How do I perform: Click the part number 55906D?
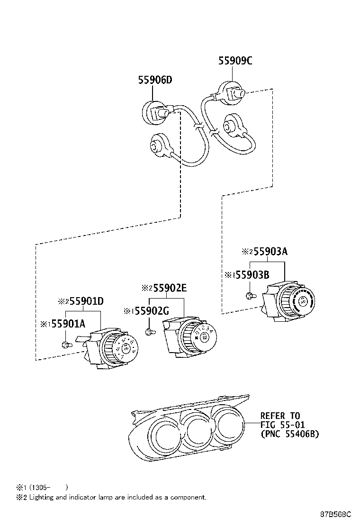(x=155, y=80)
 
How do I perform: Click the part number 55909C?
(x=235, y=61)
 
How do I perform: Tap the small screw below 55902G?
(x=149, y=331)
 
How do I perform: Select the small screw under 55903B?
(x=250, y=296)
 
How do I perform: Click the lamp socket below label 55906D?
(x=154, y=112)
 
